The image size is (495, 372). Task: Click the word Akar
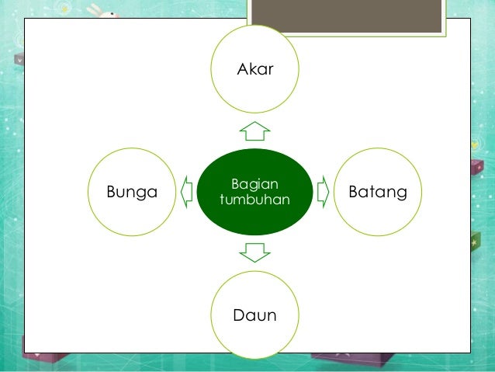click(255, 71)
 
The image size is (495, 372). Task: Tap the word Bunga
click(131, 192)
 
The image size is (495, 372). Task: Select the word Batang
click(378, 192)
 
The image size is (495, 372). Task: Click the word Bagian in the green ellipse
click(254, 184)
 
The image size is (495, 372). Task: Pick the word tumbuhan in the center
click(254, 200)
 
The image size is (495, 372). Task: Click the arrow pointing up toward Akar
click(254, 129)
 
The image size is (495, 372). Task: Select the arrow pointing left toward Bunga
click(186, 191)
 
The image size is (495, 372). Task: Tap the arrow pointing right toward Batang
click(324, 191)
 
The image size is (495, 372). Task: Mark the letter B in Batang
click(355, 191)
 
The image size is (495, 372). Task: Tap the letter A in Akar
click(241, 71)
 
